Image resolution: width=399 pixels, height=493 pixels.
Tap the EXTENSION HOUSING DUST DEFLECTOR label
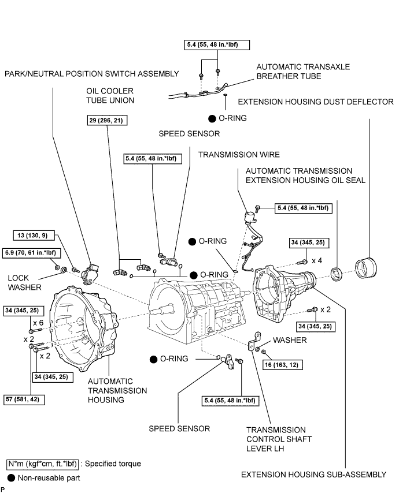316,102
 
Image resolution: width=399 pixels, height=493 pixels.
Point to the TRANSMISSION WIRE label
239,154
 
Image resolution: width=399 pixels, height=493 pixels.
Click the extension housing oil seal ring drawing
335,272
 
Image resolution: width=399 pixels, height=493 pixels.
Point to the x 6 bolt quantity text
39,322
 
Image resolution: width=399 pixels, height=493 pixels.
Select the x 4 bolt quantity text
317,260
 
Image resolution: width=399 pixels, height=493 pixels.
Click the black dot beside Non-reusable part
11,477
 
